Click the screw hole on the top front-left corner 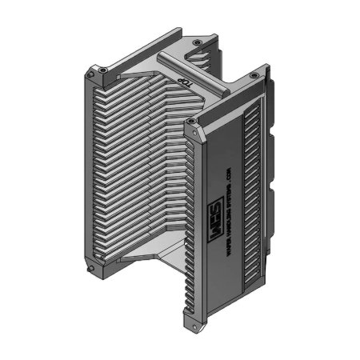pos(102,73)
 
